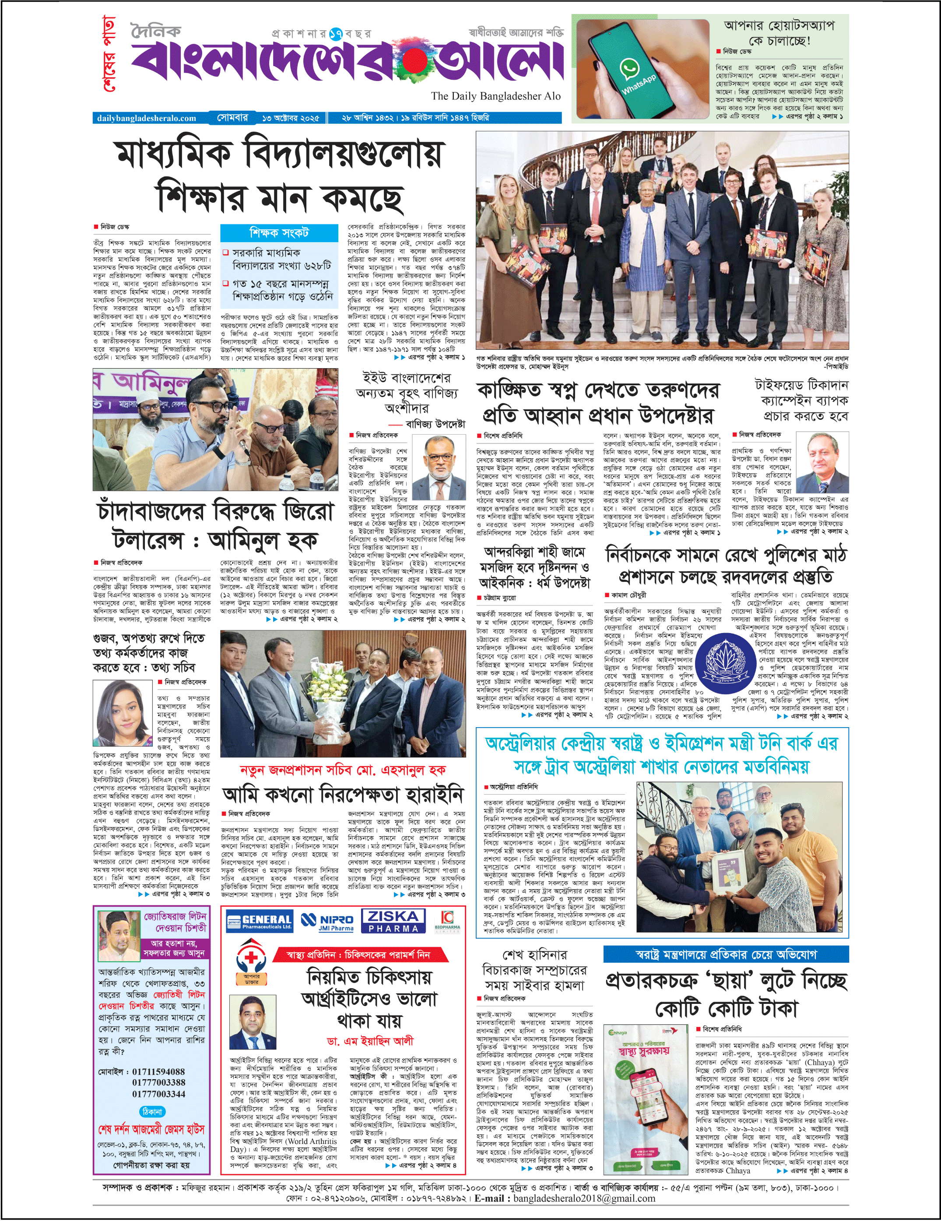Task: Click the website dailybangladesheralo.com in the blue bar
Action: point(147,118)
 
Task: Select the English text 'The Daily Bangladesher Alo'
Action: point(495,96)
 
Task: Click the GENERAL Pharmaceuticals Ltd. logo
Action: point(260,922)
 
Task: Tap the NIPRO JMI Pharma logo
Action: point(327,922)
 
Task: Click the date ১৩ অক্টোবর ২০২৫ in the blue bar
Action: point(290,118)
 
